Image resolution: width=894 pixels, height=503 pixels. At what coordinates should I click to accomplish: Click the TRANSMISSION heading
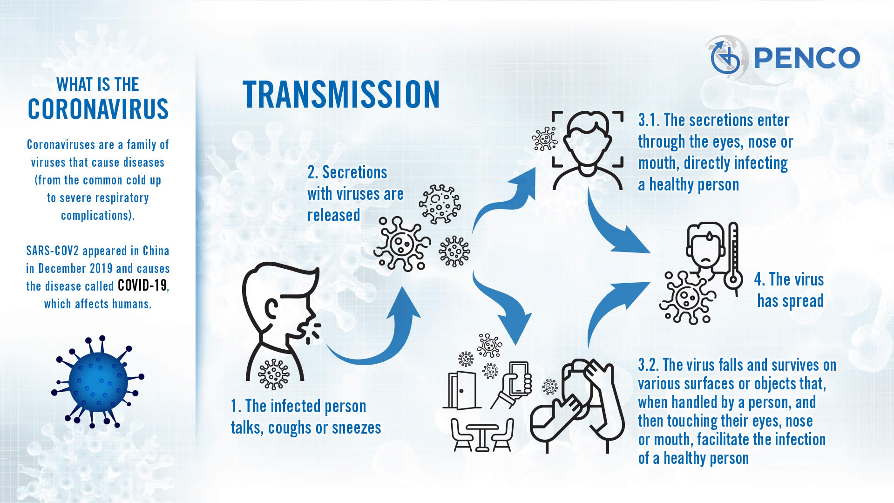click(x=341, y=95)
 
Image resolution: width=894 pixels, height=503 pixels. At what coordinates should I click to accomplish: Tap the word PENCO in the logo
click(x=806, y=58)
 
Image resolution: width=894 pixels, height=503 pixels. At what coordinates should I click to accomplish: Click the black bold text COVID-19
click(x=142, y=285)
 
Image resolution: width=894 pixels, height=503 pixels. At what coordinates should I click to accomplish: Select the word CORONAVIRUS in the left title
click(x=98, y=109)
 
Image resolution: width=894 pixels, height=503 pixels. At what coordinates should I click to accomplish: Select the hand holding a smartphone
click(x=512, y=385)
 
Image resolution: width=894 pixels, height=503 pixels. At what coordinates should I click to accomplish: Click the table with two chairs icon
click(x=482, y=435)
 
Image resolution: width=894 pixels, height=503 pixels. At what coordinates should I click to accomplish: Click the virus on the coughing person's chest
click(x=274, y=374)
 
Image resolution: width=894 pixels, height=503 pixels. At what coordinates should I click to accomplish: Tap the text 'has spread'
click(x=791, y=301)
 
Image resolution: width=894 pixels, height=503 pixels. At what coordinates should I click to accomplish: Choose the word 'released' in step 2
click(x=334, y=215)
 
